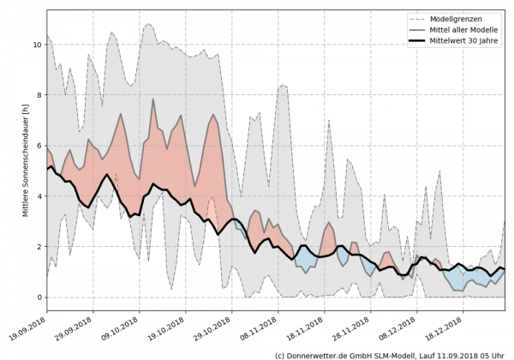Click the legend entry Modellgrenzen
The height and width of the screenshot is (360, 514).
[x=463, y=19]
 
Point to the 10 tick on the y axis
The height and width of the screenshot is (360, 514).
[x=36, y=45]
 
